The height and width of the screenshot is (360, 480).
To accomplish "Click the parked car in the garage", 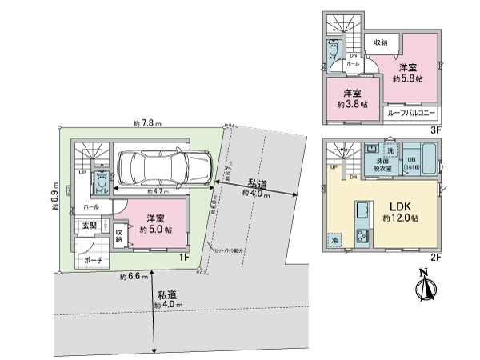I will pyautogui.click(x=163, y=169).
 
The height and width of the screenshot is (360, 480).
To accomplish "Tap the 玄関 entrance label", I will pyautogui.click(x=86, y=226).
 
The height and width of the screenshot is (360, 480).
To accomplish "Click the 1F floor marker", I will pyautogui.click(x=183, y=257).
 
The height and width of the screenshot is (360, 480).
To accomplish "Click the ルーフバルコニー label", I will pyautogui.click(x=410, y=114).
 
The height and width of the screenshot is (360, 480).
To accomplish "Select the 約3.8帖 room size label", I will pyautogui.click(x=353, y=105).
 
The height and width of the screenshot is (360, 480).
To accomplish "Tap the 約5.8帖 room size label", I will pyautogui.click(x=408, y=79).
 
